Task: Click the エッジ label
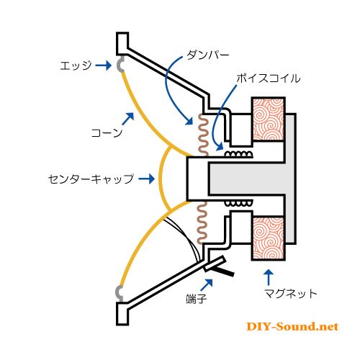pyautogui.click(x=76, y=66)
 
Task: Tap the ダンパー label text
pyautogui.click(x=208, y=55)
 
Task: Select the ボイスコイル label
pyautogui.click(x=269, y=78)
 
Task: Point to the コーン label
pyautogui.click(x=107, y=132)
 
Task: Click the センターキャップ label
pyautogui.click(x=91, y=179)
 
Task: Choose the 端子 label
pyautogui.click(x=197, y=299)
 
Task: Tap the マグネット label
pyautogui.click(x=291, y=293)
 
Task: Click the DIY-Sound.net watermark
pyautogui.click(x=292, y=327)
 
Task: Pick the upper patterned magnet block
pyautogui.click(x=268, y=120)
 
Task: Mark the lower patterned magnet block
pyautogui.click(x=268, y=238)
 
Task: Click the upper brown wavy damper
pyautogui.click(x=203, y=135)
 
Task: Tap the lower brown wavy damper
pyautogui.click(x=202, y=222)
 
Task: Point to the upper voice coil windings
pyautogui.click(x=238, y=154)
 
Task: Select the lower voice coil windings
pyautogui.click(x=238, y=204)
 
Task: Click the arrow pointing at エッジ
pyautogui.click(x=104, y=66)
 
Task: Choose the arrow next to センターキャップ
pyautogui.click(x=146, y=179)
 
